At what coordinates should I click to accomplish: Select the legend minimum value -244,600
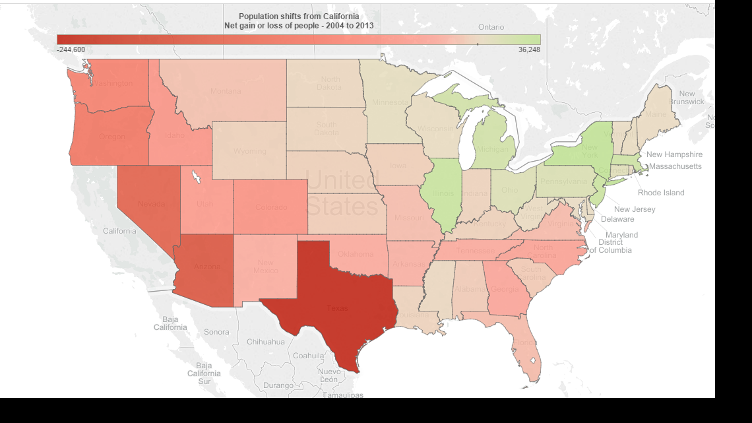click(x=71, y=49)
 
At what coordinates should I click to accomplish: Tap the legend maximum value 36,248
click(x=529, y=49)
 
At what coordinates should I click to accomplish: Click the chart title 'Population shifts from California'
click(x=299, y=16)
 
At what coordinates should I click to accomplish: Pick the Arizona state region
click(x=207, y=267)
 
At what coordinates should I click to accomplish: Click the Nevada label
click(x=151, y=204)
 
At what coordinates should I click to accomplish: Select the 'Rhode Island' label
click(x=660, y=193)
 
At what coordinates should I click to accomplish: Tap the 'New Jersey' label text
click(x=635, y=209)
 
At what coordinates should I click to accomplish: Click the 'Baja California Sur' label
click(x=204, y=374)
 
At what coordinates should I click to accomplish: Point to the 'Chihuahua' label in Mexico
click(x=266, y=342)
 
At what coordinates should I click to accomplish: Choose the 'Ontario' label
click(x=491, y=27)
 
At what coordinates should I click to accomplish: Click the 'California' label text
click(x=119, y=231)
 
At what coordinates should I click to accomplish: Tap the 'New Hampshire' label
click(x=674, y=154)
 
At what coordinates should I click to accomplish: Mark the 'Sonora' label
click(x=216, y=332)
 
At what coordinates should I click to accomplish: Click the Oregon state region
click(x=112, y=137)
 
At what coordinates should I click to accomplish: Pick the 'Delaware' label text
click(x=617, y=219)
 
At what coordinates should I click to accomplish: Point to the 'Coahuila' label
click(x=309, y=355)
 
